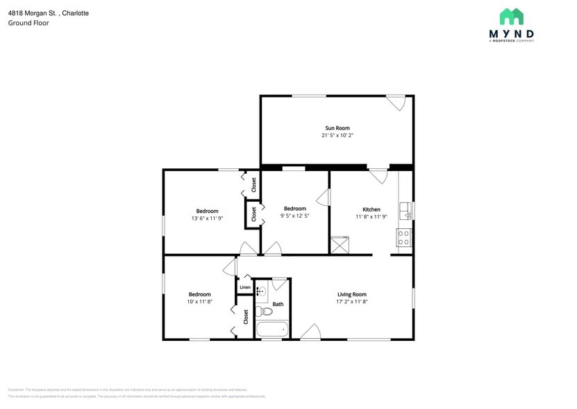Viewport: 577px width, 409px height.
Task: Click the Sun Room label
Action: point(337,128)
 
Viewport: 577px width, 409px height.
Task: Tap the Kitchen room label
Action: point(371,209)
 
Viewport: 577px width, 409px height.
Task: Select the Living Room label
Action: point(351,294)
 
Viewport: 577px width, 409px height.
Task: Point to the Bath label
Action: point(278,304)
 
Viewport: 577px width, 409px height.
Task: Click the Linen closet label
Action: point(244,287)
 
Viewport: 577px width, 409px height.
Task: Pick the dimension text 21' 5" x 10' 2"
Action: point(337,136)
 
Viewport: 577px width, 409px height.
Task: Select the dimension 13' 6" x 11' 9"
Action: point(207,218)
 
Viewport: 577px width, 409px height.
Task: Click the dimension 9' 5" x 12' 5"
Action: point(294,216)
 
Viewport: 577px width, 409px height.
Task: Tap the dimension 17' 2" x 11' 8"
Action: point(351,301)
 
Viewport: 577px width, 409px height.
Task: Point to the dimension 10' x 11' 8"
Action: point(199,301)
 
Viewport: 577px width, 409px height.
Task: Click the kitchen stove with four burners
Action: point(404,237)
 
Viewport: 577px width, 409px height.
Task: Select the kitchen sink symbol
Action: point(405,211)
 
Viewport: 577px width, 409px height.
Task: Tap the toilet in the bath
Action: point(265,310)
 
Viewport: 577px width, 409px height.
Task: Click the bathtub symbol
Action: point(271,329)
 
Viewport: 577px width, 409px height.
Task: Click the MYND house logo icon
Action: point(511,17)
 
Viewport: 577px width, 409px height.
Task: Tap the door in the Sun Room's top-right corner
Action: point(396,102)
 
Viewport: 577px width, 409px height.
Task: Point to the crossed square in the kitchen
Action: point(340,246)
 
